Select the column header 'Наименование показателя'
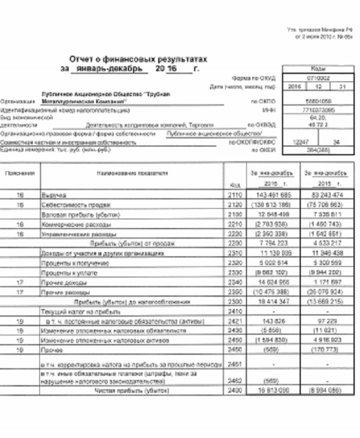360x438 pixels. pos(132,174)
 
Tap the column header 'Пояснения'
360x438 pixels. pos(19,174)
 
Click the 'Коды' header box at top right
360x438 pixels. pos(318,69)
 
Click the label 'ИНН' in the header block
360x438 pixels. pos(270,110)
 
